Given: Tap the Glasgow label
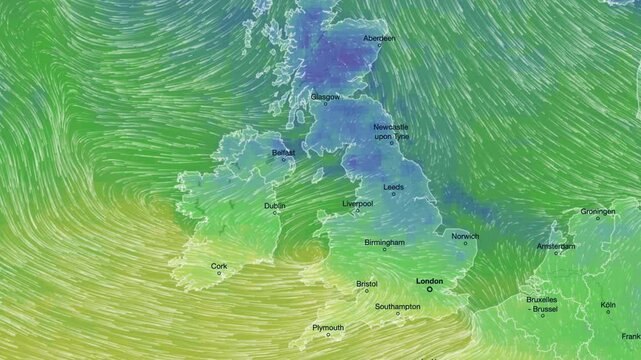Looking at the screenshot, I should (325, 97).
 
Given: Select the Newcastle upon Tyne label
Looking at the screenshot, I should (391, 132).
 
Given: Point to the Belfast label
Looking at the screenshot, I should (284, 153).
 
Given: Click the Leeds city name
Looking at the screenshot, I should (393, 187).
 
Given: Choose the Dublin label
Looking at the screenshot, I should (274, 205).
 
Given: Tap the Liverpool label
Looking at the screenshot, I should (357, 203).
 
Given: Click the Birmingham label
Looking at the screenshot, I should (385, 242).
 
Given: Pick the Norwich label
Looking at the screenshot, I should (465, 236).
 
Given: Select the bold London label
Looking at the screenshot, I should (428, 281).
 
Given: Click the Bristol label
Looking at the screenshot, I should (367, 284).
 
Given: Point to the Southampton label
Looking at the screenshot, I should (397, 306).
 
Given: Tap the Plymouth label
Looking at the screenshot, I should (328, 327).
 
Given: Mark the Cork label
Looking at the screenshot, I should (219, 266).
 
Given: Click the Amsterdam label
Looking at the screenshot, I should (556, 246).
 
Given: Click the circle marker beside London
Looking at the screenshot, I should (430, 290).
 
